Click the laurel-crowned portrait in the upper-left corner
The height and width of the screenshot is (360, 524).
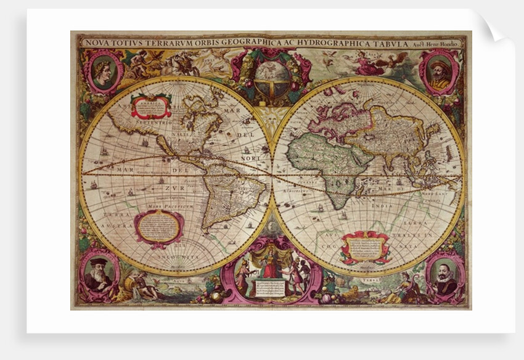tap(102, 72)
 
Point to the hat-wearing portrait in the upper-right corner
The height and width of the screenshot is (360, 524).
tap(438, 72)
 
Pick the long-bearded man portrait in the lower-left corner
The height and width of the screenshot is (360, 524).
tap(98, 276)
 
